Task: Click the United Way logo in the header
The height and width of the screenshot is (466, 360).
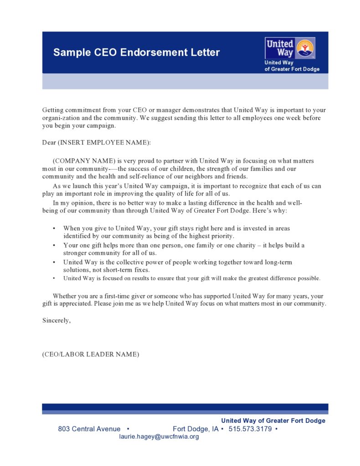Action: click(x=290, y=48)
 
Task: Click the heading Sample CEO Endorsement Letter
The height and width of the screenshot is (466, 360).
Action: click(x=136, y=52)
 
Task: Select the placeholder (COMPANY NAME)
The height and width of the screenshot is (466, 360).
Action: click(x=84, y=161)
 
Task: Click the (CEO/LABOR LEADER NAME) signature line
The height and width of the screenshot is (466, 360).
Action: click(x=91, y=354)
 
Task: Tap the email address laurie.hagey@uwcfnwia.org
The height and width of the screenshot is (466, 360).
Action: click(x=159, y=437)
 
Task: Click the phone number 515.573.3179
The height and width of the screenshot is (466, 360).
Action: click(x=250, y=429)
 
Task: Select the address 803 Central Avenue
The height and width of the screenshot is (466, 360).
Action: click(x=89, y=429)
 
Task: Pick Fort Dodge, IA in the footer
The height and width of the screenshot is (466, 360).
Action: click(x=195, y=429)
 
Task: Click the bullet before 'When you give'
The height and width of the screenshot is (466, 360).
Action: click(x=54, y=228)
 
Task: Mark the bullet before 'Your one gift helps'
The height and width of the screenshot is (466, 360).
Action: click(x=54, y=245)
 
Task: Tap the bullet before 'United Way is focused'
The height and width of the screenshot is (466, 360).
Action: click(x=54, y=278)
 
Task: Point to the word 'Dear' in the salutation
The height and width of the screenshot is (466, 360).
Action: click(x=49, y=143)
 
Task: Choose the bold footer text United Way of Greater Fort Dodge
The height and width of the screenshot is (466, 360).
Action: click(x=273, y=420)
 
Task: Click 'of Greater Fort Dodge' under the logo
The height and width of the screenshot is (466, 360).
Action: click(x=292, y=69)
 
